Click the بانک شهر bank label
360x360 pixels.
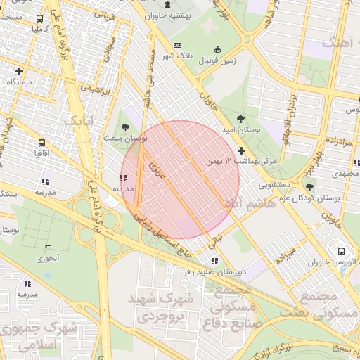point(177,55)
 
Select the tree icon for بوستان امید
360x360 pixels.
point(241,119)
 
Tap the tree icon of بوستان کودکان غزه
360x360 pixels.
point(309,187)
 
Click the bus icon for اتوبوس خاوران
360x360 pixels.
point(342,251)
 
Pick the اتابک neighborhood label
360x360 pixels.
point(79,120)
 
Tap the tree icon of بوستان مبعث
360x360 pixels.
point(125,127)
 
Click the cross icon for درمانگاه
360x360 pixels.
point(19,71)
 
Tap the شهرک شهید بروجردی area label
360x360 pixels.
point(159,307)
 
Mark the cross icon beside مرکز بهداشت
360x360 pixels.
point(241,150)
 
